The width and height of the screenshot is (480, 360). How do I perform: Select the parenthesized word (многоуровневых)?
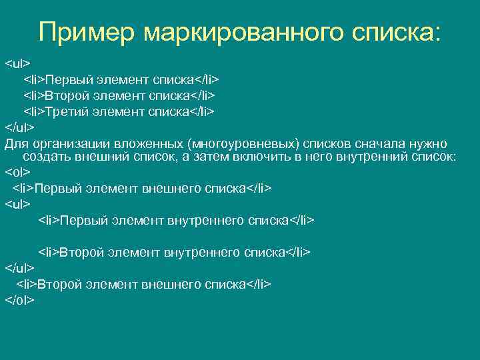pos(243,144)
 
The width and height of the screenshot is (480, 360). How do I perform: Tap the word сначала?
pos(373,144)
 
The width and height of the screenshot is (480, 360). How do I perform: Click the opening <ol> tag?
pos(17,172)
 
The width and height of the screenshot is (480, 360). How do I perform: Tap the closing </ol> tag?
pos(19,300)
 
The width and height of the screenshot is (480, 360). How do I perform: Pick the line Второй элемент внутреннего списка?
pos(174,252)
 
